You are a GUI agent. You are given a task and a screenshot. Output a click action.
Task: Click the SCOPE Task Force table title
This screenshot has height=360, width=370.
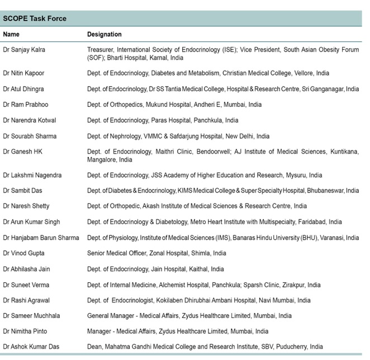35,18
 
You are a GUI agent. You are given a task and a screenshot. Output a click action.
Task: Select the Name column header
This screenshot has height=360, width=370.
12,35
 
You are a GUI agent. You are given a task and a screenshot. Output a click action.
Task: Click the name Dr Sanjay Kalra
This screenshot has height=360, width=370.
24,50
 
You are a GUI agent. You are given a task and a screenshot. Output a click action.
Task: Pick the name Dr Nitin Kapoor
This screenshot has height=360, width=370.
24,73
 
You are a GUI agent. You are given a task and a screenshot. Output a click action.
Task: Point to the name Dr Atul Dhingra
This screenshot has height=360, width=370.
23,89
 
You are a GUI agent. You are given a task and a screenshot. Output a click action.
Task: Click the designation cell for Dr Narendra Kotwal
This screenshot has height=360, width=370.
163,120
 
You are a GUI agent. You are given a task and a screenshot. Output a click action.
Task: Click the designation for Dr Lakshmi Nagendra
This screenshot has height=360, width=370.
205,175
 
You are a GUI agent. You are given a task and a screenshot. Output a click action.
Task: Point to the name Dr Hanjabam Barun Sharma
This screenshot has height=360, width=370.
41,238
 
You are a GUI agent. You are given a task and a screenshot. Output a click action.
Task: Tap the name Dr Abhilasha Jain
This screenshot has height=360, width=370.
27,269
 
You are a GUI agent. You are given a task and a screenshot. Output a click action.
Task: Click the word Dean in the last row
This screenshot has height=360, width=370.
95,347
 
